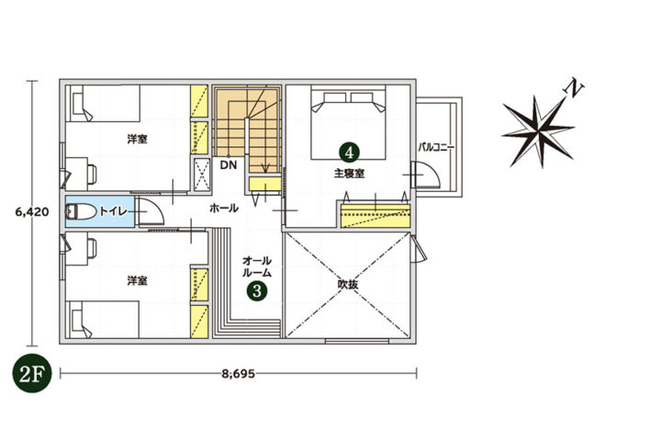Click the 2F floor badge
click(x=32, y=374)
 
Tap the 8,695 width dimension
click(x=238, y=374)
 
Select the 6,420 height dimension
click(x=32, y=211)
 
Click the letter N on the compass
click(x=573, y=88)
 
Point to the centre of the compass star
click(x=538, y=130)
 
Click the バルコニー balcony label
click(x=436, y=148)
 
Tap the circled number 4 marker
click(x=349, y=152)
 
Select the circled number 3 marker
click(x=257, y=290)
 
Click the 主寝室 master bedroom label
click(x=349, y=174)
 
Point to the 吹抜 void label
click(x=348, y=285)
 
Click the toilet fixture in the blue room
click(x=81, y=211)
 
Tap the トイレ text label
click(x=113, y=211)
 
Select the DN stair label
click(x=229, y=165)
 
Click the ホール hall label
click(x=224, y=208)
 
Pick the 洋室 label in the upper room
click(x=138, y=140)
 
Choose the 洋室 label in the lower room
click(x=138, y=280)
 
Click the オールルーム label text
click(x=257, y=266)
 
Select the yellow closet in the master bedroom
click(x=375, y=216)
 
